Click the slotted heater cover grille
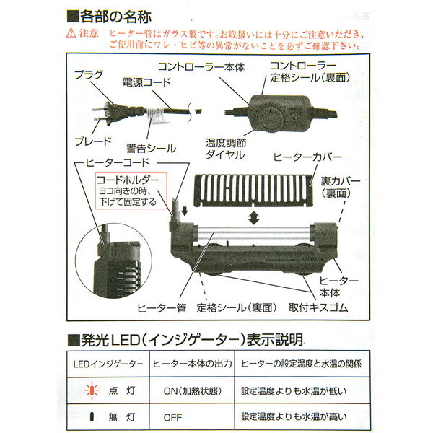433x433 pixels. click(252, 188)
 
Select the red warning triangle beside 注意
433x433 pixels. click(70, 33)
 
